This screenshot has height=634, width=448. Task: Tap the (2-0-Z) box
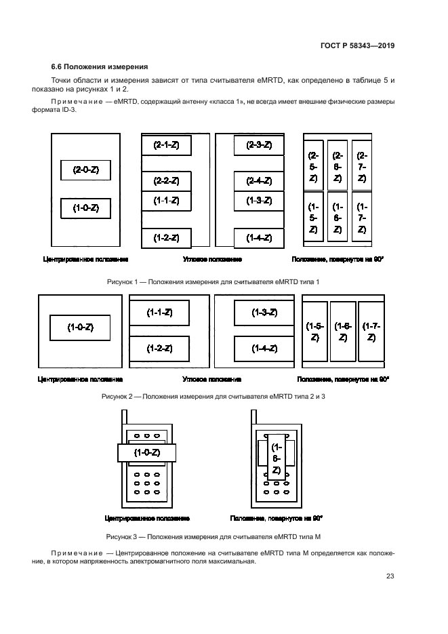pos(85,170)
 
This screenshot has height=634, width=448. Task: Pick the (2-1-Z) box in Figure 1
pos(166,145)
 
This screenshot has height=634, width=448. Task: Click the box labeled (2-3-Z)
pos(258,145)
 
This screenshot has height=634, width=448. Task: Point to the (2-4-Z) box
pos(258,180)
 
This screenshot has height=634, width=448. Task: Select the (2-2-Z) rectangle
pos(166,180)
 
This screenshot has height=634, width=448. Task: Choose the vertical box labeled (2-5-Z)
pos(313,165)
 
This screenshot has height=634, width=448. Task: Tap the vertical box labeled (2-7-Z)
pos(361,165)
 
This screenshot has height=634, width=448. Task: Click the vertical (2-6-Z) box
pos(338,165)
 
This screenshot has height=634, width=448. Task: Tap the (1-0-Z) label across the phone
pos(146,452)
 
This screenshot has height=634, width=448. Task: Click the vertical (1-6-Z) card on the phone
pos(276,459)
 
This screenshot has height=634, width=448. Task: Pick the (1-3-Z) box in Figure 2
pos(264,313)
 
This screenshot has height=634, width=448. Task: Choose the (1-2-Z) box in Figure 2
pos(159,349)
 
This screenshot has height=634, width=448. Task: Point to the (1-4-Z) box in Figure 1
pos(258,238)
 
